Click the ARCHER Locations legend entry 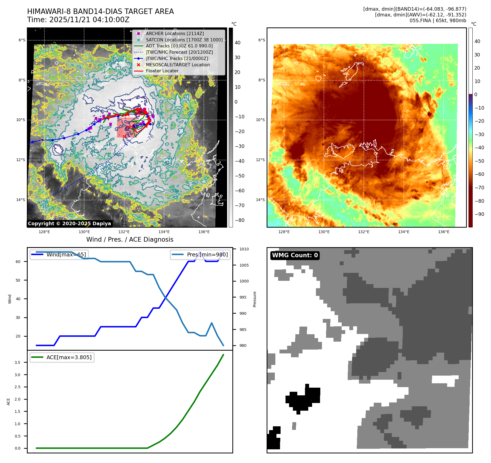tap(175, 33)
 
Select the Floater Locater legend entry tap(162, 71)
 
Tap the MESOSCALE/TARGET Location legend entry tap(178, 65)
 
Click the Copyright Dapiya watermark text tap(69, 224)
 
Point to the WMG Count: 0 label tap(295, 255)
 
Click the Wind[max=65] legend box tap(59, 255)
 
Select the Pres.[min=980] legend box tap(200, 255)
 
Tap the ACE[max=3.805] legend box tap(62, 357)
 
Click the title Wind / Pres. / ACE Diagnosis tap(130, 239)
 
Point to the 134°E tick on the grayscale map tap(164, 232)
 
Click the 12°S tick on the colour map tap(261, 160)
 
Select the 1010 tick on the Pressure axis tap(244, 249)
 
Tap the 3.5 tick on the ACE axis tap(18, 362)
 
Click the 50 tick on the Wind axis tap(18, 280)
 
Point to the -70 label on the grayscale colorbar tap(239, 205)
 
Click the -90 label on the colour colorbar tap(479, 214)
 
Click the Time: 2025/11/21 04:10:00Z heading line tap(78, 20)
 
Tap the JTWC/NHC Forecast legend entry tap(179, 52)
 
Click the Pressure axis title tap(255, 299)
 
